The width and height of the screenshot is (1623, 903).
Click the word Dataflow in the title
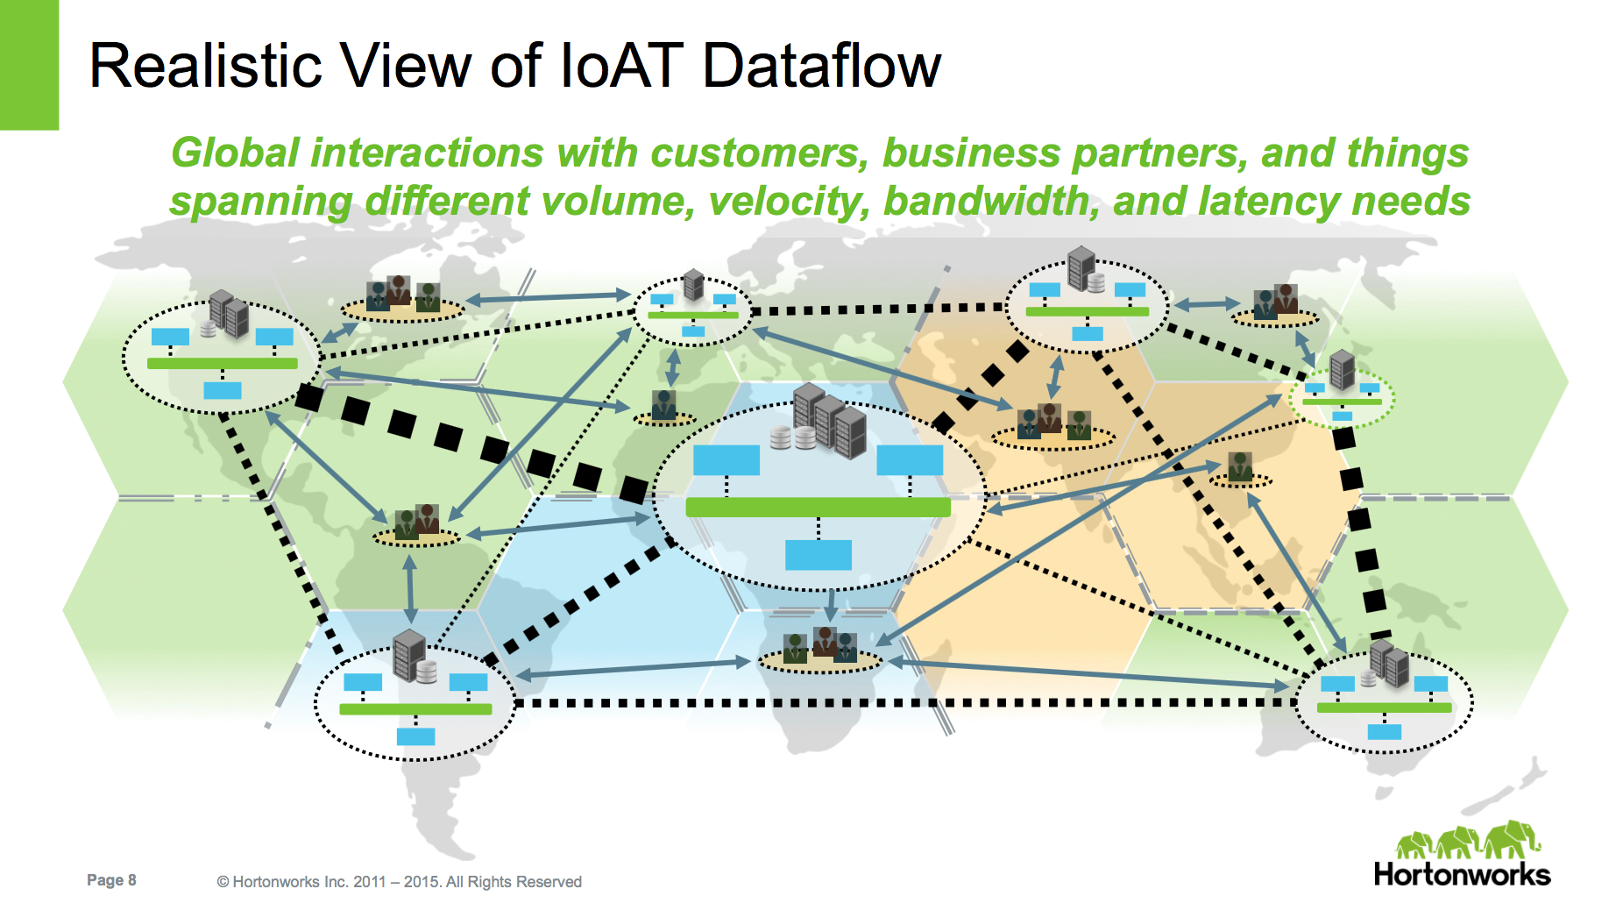click(x=821, y=66)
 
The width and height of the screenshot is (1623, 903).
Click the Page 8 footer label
click(x=111, y=880)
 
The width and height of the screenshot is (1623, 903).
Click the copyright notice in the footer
click(x=400, y=882)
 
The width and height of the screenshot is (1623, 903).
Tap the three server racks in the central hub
click(x=828, y=419)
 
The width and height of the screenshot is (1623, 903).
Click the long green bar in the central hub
click(x=818, y=507)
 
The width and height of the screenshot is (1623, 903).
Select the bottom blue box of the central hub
click(x=819, y=555)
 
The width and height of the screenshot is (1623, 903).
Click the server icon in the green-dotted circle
click(x=1342, y=369)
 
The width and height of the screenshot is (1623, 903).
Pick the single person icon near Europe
click(x=664, y=404)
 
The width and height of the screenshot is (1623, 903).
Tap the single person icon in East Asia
click(x=1240, y=466)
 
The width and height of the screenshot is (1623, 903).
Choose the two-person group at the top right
click(x=1275, y=301)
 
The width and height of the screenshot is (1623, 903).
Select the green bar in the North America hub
click(x=223, y=363)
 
